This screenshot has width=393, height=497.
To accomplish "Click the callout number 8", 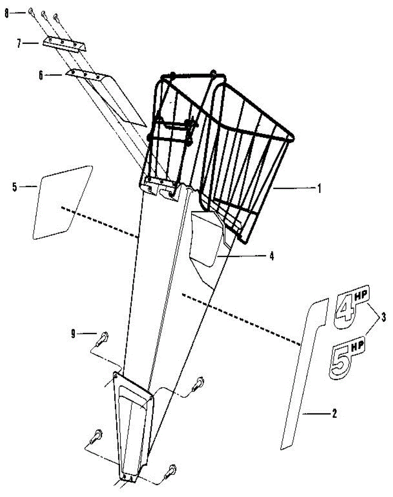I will coord(6,13).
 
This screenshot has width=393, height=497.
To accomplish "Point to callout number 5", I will coord(14,187).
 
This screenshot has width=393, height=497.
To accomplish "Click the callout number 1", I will coord(319,188).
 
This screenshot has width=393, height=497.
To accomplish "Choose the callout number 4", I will coord(271,256).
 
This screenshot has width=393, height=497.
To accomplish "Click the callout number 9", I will coord(73,333).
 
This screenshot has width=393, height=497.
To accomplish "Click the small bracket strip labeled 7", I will coord(64,44).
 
